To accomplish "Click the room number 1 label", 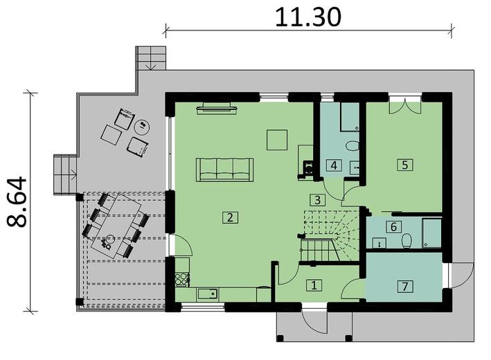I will tap(314, 285).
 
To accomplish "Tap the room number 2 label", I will tap(230, 217).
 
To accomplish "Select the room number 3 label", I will tap(316, 200).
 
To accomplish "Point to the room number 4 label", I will tap(334, 165).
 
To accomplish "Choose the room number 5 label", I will tap(404, 165).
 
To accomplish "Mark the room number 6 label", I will tap(393, 226).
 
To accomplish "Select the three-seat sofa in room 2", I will tap(225, 169).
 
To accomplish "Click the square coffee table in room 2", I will tap(278, 140).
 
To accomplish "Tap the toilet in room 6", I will tap(407, 240).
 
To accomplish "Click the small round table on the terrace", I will tap(143, 127).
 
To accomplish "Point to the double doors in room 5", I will tap(403, 107).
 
